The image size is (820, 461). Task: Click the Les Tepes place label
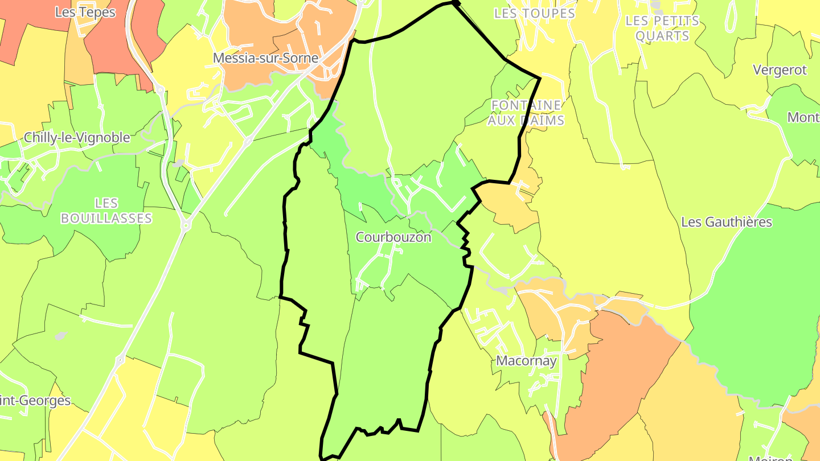coord(85,12)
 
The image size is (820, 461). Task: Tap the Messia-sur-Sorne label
coord(265,58)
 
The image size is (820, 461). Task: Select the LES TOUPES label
coord(535,14)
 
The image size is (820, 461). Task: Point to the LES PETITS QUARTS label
coord(662,28)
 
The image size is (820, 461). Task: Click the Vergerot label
coord(780,70)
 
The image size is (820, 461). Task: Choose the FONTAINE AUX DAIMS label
coord(527,113)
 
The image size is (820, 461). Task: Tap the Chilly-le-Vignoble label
coord(77,138)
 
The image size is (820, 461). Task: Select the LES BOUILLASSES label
coord(106,211)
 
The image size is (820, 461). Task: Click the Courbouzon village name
coord(393,237)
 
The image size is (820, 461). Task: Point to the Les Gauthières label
coord(727,222)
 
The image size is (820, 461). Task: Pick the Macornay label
coord(526,361)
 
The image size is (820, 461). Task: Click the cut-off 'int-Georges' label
coord(35,401)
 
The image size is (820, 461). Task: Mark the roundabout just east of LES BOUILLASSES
coord(185,226)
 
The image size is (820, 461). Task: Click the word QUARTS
coord(662,36)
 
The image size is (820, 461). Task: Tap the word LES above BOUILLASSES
coord(106,203)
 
